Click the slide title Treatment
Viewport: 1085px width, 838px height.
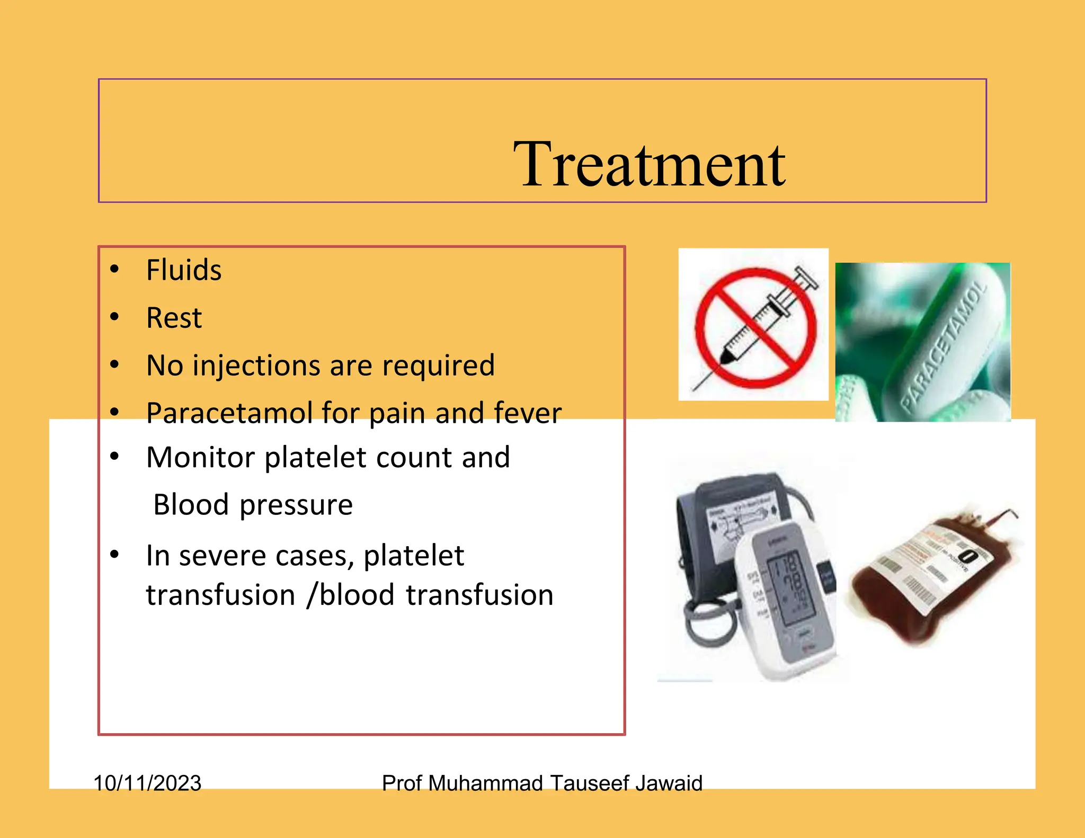[x=649, y=164]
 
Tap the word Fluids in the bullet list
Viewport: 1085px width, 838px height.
[x=183, y=270]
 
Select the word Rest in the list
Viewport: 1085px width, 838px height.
[x=174, y=318]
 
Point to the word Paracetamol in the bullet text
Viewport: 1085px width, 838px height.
[x=229, y=413]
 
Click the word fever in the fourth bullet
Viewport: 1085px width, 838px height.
[x=527, y=413]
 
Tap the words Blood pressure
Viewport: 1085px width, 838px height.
[x=253, y=504]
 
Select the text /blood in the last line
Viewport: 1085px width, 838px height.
[x=350, y=595]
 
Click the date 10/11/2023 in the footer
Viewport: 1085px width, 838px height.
[x=147, y=783]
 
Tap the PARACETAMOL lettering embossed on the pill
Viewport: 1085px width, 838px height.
[x=943, y=347]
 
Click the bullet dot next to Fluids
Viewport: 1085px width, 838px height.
[x=114, y=269]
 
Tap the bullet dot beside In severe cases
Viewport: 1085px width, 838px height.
[x=114, y=555]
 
